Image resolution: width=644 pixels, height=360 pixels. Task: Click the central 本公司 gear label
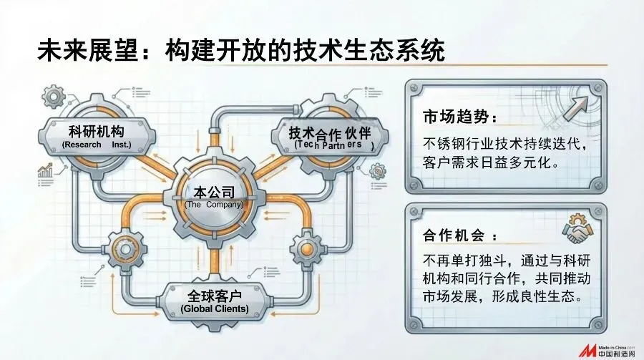click(214, 191)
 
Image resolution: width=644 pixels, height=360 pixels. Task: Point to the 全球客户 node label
click(215, 295)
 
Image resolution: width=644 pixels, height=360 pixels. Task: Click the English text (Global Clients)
click(215, 309)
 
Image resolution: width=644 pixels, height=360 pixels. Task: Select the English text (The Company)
click(214, 205)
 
